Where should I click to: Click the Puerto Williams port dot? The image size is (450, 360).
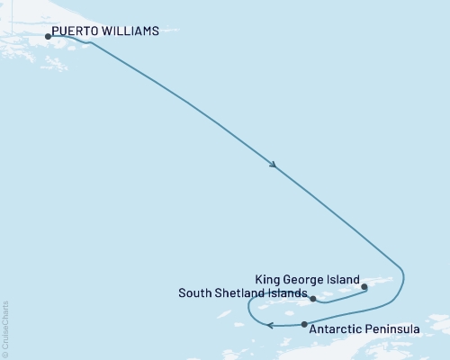(48, 37)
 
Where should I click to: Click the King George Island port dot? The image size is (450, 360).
(364, 288)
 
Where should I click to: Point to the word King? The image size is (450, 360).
(269, 279)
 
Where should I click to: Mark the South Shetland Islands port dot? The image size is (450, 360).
(313, 298)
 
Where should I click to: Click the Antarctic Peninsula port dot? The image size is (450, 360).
(304, 324)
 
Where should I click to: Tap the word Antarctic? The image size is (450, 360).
(337, 330)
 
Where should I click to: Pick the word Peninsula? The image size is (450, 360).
(393, 330)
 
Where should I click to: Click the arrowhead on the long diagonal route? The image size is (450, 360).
(273, 165)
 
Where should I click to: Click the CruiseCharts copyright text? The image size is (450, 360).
(5, 328)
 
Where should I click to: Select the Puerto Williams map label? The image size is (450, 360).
(105, 31)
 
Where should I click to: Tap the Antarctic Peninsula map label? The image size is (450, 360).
(364, 330)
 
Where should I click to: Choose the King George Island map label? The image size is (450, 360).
(308, 279)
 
